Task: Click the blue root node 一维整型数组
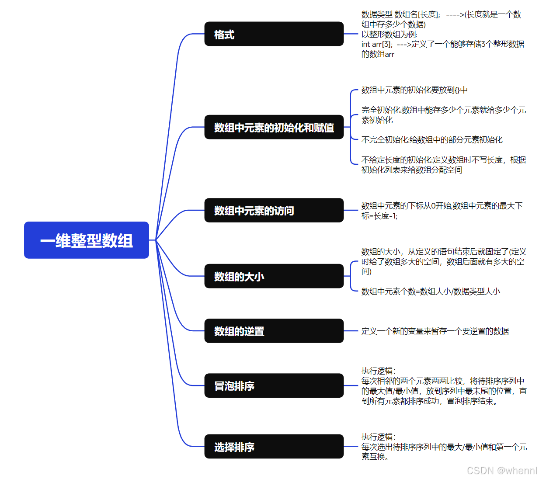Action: [87, 240]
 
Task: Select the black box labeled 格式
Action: [274, 34]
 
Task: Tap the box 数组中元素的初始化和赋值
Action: [274, 127]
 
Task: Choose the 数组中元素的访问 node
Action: [274, 210]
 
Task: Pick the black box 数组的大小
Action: [274, 276]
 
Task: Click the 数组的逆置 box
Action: [274, 331]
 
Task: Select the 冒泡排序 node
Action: [274, 385]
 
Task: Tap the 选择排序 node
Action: [274, 447]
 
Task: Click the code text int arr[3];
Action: [377, 44]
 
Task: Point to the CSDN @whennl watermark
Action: [502, 471]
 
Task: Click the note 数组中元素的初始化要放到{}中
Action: [414, 90]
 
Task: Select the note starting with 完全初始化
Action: [443, 115]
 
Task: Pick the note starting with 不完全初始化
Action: [432, 140]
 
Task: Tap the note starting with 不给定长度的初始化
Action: [443, 165]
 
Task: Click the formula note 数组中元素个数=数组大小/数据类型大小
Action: [431, 292]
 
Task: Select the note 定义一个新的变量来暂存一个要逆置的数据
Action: [435, 331]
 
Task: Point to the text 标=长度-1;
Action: [379, 216]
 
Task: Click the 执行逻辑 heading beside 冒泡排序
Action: [378, 371]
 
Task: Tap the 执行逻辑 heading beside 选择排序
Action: [378, 437]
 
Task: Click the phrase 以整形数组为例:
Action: [389, 35]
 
